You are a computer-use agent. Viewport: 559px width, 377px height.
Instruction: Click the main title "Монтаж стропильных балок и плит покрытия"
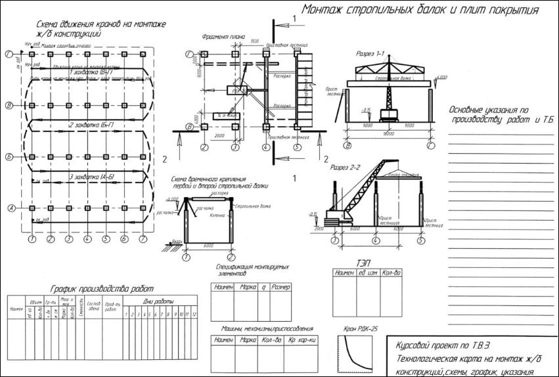point(420,11)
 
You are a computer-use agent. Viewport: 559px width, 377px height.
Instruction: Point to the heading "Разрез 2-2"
point(346,168)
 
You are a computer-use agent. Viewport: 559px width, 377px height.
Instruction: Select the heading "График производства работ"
point(102,288)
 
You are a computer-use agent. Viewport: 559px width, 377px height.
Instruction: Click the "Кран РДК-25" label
point(361,328)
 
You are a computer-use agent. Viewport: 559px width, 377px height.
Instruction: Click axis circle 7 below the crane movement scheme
point(141,240)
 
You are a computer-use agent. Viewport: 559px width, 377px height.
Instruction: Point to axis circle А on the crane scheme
point(11,208)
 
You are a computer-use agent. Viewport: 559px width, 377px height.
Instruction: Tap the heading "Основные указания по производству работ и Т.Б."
point(499,115)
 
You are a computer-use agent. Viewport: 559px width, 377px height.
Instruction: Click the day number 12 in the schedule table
point(194,313)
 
